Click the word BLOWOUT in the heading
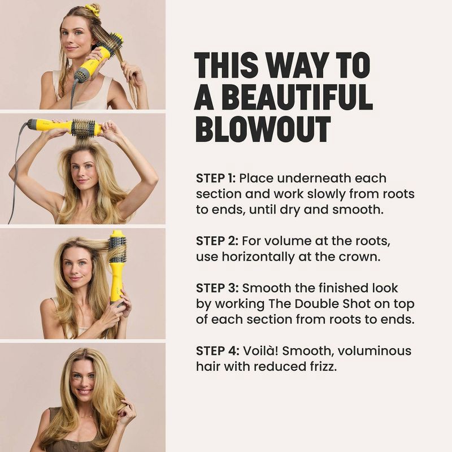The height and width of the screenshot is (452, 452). (x=263, y=129)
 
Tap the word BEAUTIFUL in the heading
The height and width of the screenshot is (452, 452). (x=283, y=97)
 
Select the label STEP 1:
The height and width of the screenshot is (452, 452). (x=216, y=179)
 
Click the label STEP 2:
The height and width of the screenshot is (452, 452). (x=217, y=241)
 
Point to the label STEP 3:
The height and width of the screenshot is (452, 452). (x=217, y=289)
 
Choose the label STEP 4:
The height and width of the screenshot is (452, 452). (x=217, y=351)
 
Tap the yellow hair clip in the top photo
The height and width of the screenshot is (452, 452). (x=92, y=10)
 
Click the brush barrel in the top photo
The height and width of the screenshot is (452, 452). (x=110, y=45)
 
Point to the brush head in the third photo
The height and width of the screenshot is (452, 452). (x=118, y=246)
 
